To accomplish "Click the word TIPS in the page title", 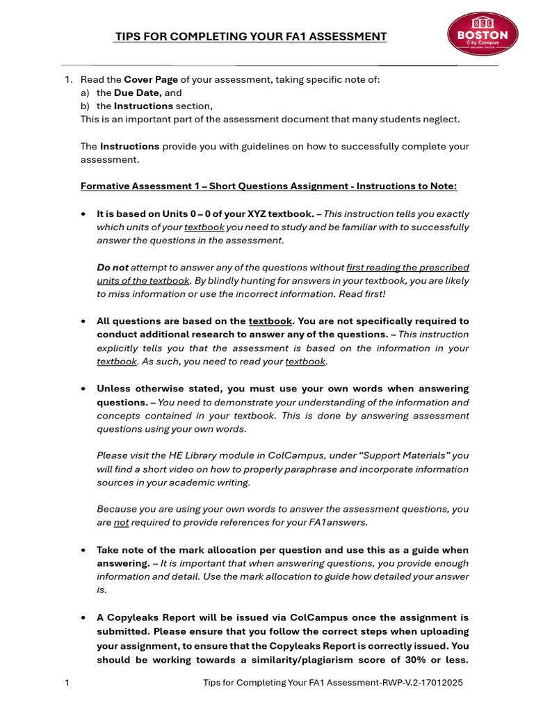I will [x=127, y=37].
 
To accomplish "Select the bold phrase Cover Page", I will [x=150, y=79].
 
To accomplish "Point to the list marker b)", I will [x=86, y=106].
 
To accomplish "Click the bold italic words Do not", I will [x=113, y=267].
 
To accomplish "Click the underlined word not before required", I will [x=121, y=522].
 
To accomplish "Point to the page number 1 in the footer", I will [x=67, y=683].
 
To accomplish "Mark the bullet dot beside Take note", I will [x=83, y=550].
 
